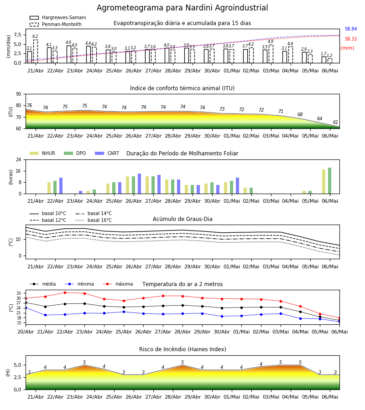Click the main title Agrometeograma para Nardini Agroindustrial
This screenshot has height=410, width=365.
[x=182, y=8]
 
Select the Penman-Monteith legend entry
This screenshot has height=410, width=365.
[x=56, y=24]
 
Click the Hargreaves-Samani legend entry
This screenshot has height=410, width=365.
[x=57, y=17]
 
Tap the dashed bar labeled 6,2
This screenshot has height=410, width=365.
[x=35, y=51]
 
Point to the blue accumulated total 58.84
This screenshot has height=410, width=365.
[x=351, y=29]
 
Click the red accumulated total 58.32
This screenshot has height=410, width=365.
[x=351, y=39]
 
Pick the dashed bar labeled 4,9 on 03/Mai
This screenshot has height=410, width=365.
[x=271, y=54]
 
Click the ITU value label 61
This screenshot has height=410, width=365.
[x=335, y=122]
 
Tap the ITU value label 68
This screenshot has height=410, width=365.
[x=300, y=114]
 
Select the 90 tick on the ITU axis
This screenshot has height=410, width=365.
[x=19, y=94]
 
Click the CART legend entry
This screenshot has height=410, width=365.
[x=107, y=153]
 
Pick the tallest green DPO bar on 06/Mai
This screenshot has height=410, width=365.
[x=330, y=181]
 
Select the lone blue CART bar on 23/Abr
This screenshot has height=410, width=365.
[x=81, y=192]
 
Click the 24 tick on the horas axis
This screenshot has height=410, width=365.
[x=19, y=159]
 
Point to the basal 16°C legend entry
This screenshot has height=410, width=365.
[x=94, y=220]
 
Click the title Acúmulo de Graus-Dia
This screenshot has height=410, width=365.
[x=182, y=219]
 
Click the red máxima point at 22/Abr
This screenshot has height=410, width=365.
[x=65, y=292]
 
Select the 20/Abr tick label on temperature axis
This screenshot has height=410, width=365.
[x=26, y=332]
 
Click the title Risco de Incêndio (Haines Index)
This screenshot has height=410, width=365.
[x=182, y=349]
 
